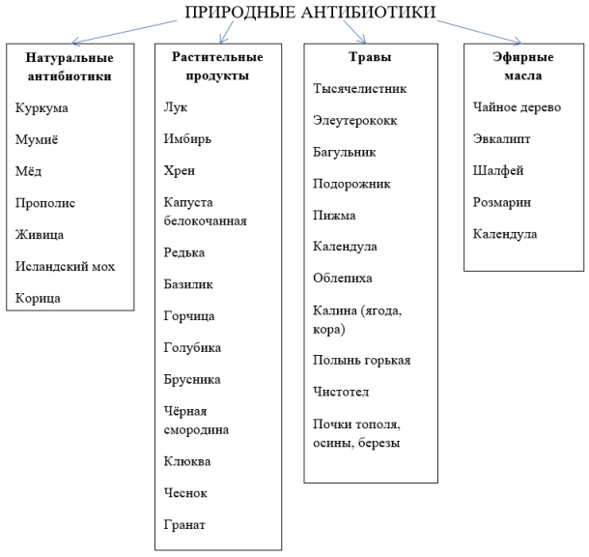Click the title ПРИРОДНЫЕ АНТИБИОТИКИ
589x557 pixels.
(x=310, y=12)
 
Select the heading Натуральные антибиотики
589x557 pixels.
(x=70, y=67)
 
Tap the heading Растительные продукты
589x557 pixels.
(x=217, y=66)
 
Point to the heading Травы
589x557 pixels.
(x=370, y=57)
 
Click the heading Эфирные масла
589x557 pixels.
(x=523, y=66)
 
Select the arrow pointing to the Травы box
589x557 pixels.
(x=354, y=32)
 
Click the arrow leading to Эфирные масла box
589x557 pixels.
(x=479, y=33)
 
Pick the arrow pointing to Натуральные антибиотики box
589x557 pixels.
(x=124, y=33)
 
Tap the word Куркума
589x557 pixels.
(x=42, y=108)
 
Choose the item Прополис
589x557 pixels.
(x=45, y=203)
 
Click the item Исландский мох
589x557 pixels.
(x=65, y=266)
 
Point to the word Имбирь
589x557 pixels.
(x=187, y=139)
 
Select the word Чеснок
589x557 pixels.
(x=185, y=492)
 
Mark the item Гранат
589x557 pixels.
(x=184, y=525)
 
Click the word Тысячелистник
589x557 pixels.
(x=360, y=88)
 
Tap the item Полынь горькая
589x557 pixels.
(x=362, y=361)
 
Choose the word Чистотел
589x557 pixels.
(x=341, y=392)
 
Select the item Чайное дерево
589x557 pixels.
(x=517, y=107)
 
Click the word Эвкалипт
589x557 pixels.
(x=501, y=139)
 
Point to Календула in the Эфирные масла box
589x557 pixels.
(x=505, y=234)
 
